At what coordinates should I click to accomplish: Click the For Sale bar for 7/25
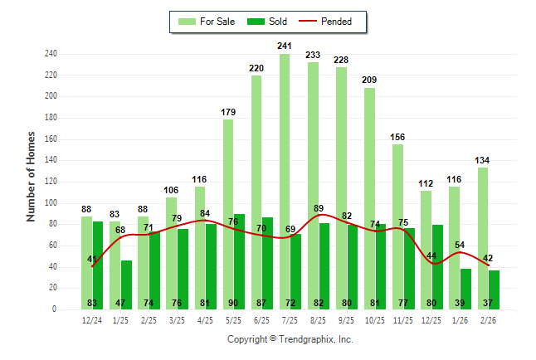point(285,166)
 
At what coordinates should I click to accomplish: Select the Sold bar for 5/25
point(239,249)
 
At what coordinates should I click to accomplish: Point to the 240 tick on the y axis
point(51,54)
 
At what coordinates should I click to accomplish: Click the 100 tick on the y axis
point(51,202)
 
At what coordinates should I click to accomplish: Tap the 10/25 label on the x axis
point(375,319)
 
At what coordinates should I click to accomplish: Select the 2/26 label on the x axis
point(488,319)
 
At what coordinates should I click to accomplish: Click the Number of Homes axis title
point(31,176)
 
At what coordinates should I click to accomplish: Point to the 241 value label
point(285,46)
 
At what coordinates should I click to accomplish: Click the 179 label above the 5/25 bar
point(228,112)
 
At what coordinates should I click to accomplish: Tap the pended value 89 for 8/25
point(319,208)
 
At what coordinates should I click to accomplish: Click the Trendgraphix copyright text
point(290,339)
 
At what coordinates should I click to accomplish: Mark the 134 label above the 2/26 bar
point(482,160)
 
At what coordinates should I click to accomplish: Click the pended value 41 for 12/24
point(91,259)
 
